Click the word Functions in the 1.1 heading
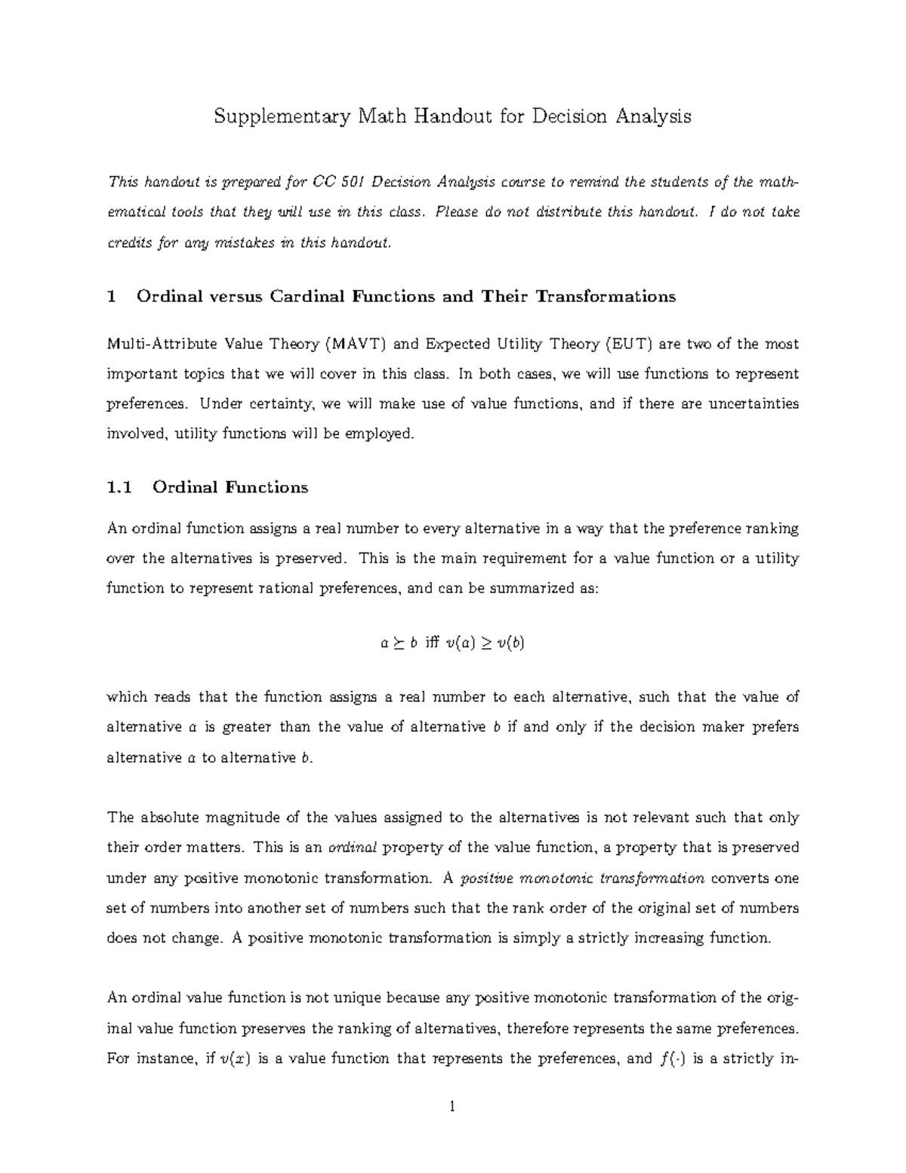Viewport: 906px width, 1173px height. coord(267,488)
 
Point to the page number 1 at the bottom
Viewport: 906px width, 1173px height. coord(452,1108)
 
